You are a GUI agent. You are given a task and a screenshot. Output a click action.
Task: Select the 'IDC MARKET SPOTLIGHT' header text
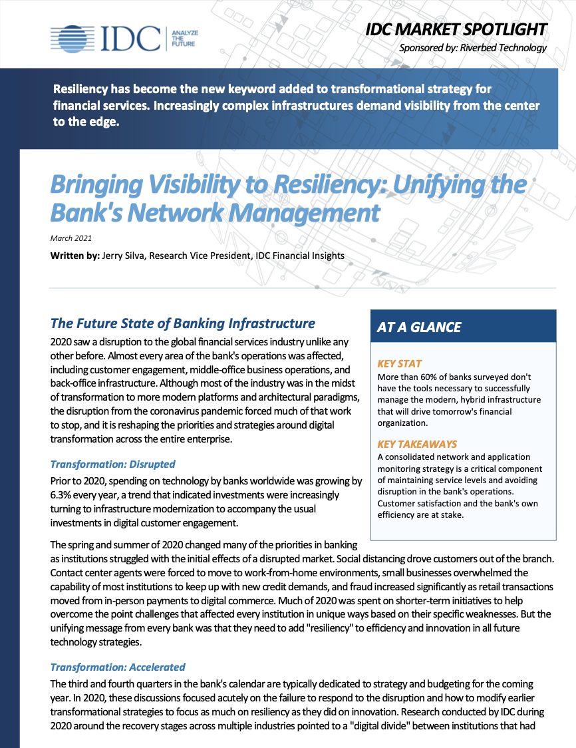tap(456, 29)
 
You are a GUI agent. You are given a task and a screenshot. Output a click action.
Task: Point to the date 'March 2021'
tap(71, 238)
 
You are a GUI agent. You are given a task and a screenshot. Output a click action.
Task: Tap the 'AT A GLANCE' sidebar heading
tap(418, 327)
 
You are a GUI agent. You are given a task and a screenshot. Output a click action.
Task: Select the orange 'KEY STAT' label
tap(399, 364)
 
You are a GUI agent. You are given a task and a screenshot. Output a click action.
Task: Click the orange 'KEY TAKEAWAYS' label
tap(417, 444)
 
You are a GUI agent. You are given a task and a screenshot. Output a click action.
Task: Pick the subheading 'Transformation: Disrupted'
tap(112, 464)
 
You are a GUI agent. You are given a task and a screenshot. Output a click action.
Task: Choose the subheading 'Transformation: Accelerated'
tap(118, 667)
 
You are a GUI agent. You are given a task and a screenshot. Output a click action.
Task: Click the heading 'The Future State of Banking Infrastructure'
tap(183, 323)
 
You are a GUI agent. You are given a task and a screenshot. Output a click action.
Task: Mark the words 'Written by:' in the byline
tap(74, 256)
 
